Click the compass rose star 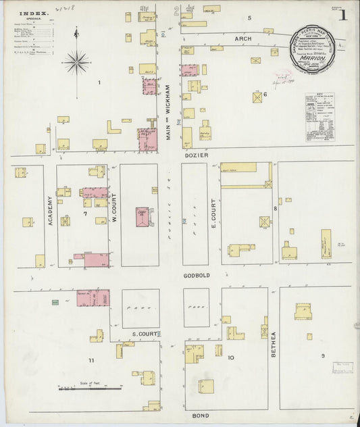point(76,63)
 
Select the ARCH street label point(242,39)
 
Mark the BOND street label point(201,415)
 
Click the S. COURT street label point(145,334)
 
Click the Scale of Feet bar point(88,388)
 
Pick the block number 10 point(230,357)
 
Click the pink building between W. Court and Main point(143,217)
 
